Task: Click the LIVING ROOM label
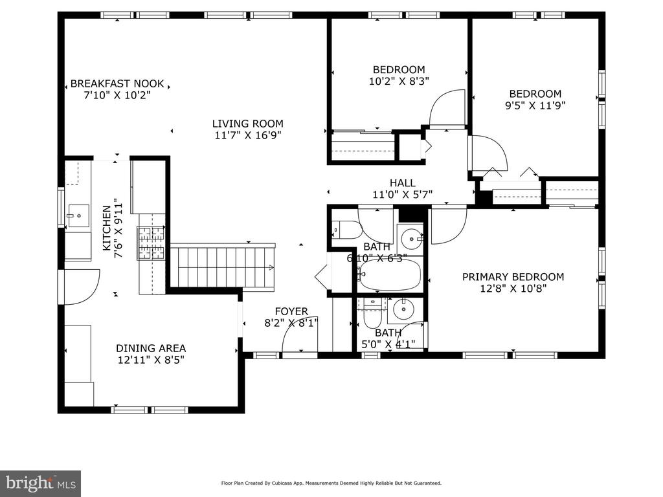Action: (248, 124)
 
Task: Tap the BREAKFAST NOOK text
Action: (117, 83)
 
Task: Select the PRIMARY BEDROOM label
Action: (513, 277)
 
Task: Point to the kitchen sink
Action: (78, 215)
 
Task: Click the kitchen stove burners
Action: (152, 243)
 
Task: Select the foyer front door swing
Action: (299, 334)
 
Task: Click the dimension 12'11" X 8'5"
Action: (151, 360)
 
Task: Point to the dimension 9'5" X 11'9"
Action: (535, 105)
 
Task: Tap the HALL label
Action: (403, 183)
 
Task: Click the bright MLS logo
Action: (41, 483)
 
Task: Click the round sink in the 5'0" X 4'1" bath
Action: (403, 309)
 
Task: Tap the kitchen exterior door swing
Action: (81, 287)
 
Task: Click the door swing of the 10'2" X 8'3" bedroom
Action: (447, 107)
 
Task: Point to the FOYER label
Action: (291, 311)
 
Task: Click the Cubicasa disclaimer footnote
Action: (331, 483)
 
